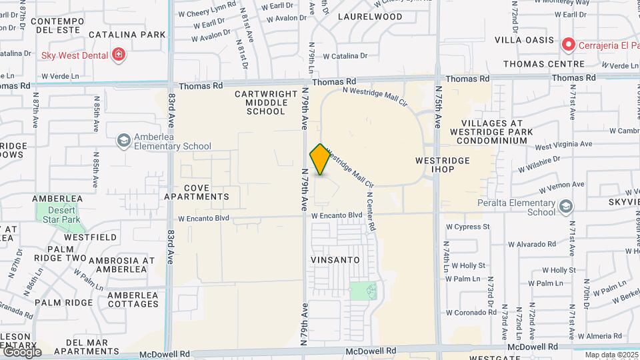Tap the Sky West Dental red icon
(119, 55)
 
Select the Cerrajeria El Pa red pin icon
(569, 45)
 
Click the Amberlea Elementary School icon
(123, 141)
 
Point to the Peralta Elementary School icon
(566, 207)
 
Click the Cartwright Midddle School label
(265, 103)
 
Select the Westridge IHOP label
(442, 165)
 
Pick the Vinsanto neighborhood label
(335, 259)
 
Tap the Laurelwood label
(370, 17)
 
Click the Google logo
(22, 351)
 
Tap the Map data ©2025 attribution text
(611, 355)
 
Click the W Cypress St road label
(467, 227)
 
